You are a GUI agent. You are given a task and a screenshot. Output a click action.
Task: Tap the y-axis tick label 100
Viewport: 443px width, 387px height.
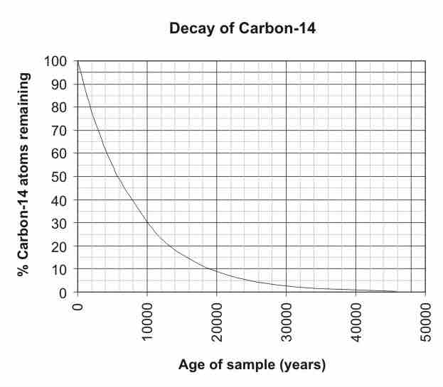[x=57, y=61]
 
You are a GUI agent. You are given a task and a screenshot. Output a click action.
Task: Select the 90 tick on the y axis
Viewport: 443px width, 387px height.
[x=60, y=85]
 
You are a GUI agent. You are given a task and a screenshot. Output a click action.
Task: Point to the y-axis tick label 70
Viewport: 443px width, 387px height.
[x=60, y=131]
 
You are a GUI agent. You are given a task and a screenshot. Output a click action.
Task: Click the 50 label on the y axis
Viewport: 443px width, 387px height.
[x=60, y=177]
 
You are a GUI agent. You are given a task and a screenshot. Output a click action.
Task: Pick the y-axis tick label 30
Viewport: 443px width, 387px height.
[x=60, y=223]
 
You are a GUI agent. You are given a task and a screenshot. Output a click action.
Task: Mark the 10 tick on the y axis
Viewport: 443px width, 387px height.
[x=60, y=269]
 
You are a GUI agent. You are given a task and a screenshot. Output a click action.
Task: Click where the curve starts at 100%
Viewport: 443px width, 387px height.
[x=78, y=62]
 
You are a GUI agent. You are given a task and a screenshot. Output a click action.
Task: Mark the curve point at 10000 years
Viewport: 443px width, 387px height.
[x=147, y=223]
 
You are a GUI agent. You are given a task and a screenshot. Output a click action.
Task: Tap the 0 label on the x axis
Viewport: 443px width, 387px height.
[x=78, y=308]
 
